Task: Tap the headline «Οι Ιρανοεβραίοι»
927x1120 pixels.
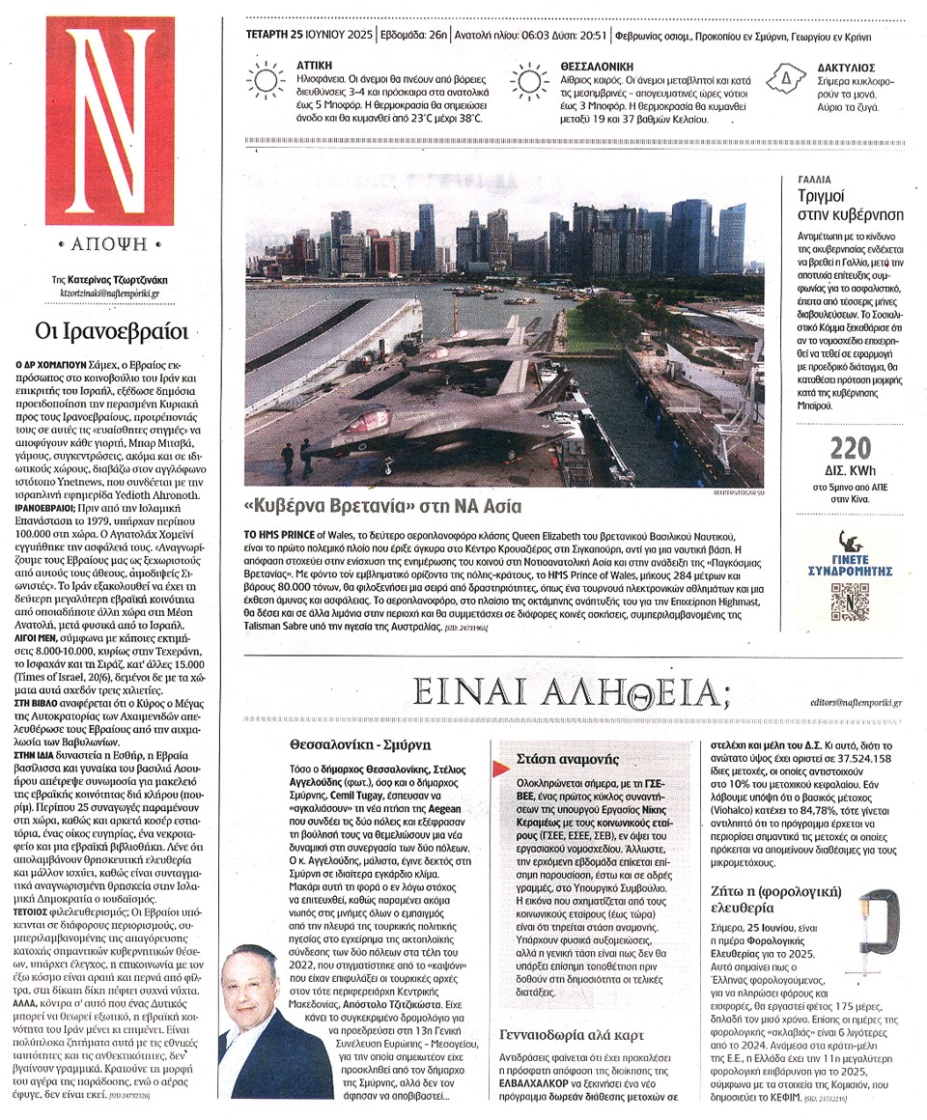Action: (x=111, y=330)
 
